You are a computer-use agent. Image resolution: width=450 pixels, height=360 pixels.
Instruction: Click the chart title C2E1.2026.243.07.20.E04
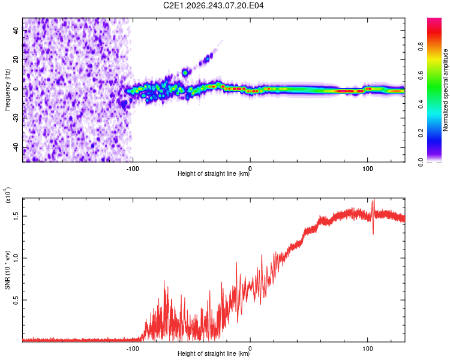[213, 5]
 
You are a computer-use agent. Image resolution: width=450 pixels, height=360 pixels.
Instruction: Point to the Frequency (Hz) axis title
[7, 90]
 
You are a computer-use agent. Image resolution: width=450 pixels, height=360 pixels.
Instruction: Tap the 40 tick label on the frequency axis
[16, 30]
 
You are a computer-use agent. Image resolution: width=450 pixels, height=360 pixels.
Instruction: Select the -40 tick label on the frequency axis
[16, 146]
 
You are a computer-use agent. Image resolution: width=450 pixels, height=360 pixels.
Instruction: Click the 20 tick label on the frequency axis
[16, 59]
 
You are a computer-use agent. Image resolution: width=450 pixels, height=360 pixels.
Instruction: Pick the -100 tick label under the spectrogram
[133, 169]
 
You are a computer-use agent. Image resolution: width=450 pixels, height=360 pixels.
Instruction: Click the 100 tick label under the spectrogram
[367, 169]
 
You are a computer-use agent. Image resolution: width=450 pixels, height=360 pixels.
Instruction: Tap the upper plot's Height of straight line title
[214, 173]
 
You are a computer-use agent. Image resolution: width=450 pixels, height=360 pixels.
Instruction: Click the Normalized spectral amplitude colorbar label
[445, 90]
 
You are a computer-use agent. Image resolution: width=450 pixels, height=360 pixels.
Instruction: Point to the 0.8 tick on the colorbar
[421, 46]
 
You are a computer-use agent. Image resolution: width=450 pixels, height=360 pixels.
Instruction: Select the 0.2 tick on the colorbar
[421, 133]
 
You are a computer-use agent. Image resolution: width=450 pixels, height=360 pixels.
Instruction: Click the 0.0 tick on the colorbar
[421, 163]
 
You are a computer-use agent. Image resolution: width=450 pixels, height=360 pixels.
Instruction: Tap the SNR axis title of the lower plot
[7, 270]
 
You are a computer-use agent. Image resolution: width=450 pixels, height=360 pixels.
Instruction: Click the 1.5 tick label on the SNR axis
[16, 216]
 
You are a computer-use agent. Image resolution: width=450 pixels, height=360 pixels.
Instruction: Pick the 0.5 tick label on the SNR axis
[16, 300]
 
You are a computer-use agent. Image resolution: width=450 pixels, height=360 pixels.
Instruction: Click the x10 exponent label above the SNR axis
[8, 195]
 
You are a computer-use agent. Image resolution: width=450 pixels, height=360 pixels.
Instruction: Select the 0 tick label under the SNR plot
[250, 349]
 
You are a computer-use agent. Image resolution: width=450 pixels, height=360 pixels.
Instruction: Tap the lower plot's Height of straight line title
[214, 353]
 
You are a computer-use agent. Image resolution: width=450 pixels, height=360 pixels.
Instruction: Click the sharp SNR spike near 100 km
[373, 217]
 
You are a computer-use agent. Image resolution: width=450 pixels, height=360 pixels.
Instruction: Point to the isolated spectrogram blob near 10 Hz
[185, 73]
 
